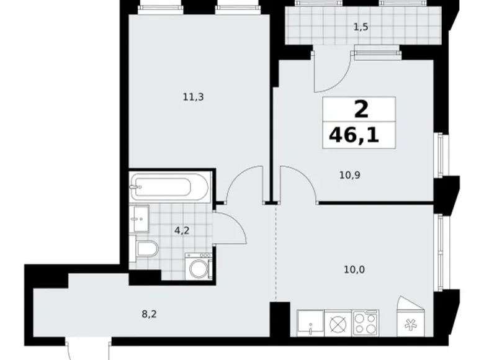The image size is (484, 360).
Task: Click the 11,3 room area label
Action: (193, 96)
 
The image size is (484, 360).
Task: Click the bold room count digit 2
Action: (360, 110)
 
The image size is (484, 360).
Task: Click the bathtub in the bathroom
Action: (169, 186)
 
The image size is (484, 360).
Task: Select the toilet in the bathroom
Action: (146, 250)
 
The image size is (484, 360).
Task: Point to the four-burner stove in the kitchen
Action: (365, 323)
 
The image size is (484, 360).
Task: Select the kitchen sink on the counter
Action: (309, 323)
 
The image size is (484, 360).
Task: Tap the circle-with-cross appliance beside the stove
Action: (338, 323)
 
